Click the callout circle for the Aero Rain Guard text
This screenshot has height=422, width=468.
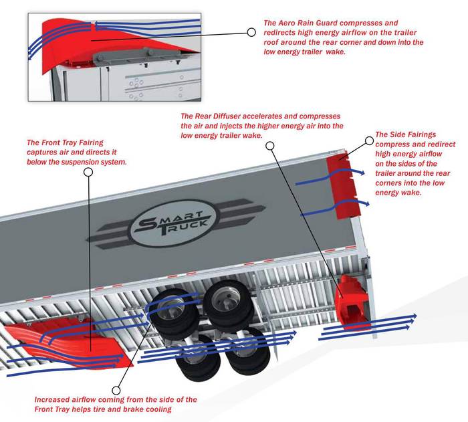tap(251, 31)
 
